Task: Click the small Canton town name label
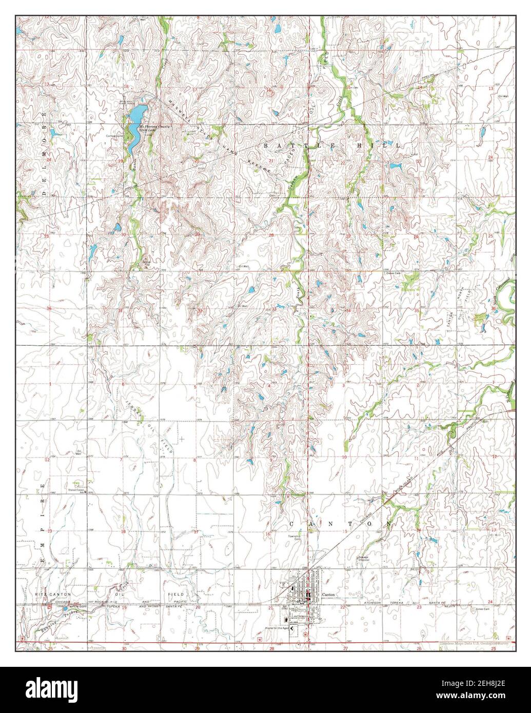click(328, 594)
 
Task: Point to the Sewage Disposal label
click(364, 559)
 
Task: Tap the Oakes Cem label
click(392, 273)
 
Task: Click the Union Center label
click(76, 490)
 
